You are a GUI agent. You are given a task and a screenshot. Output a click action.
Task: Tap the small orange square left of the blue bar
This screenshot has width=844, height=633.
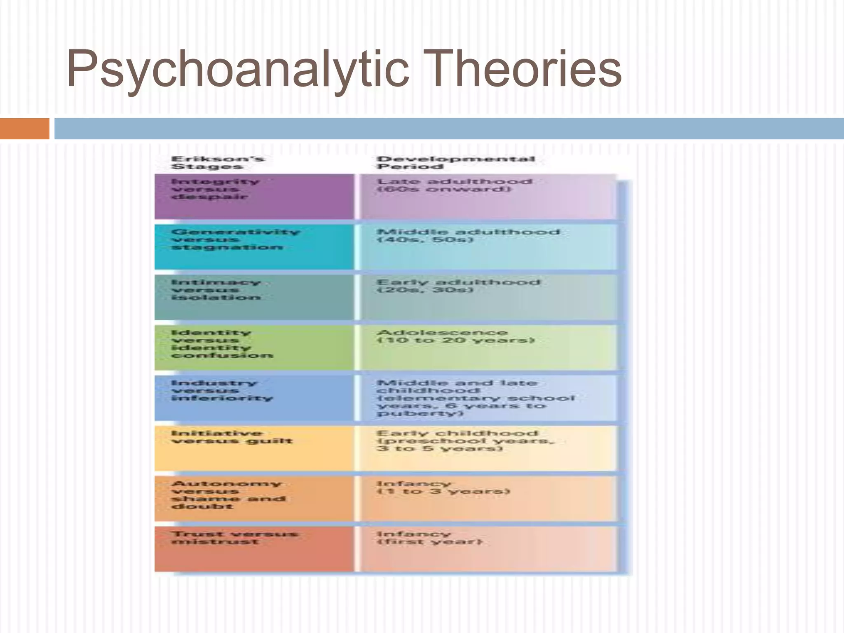coord(24,129)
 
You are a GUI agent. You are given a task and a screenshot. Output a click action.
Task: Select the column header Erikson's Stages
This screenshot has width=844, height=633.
coord(218,163)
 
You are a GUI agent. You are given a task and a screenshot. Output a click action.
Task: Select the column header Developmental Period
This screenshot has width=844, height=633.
coord(455,163)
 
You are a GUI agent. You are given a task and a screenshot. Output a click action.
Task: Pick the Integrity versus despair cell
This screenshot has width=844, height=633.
coord(215,189)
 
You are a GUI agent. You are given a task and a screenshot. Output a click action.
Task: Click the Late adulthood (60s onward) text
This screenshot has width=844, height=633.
coord(455,185)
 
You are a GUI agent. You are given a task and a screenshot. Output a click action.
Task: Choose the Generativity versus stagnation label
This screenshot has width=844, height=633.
coord(235,239)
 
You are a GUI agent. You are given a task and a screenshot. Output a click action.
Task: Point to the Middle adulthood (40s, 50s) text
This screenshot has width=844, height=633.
coord(468,236)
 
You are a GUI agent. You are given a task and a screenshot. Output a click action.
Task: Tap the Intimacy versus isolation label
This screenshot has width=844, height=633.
coord(216,290)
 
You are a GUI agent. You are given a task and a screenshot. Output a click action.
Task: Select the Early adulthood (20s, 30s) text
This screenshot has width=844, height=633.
coord(458,286)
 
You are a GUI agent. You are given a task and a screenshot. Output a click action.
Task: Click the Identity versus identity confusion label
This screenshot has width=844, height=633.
coord(222,344)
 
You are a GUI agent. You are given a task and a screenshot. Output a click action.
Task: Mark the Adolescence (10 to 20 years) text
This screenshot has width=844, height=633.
coord(455,336)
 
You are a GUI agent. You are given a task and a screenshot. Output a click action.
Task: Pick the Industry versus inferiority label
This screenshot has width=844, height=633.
coord(222,391)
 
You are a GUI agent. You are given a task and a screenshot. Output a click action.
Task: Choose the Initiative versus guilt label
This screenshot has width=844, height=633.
coord(232,437)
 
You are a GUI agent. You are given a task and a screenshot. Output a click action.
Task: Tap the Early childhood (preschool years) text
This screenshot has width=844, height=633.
coord(465,441)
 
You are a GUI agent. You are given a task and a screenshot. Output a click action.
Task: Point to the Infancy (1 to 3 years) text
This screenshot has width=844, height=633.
coord(443,488)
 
